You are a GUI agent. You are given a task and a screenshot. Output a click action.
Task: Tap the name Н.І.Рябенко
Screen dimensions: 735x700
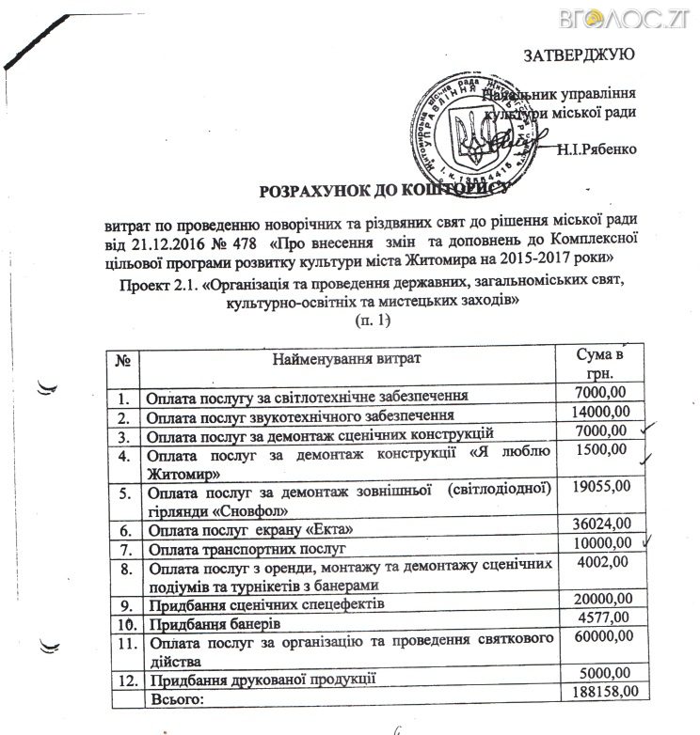(597, 148)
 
